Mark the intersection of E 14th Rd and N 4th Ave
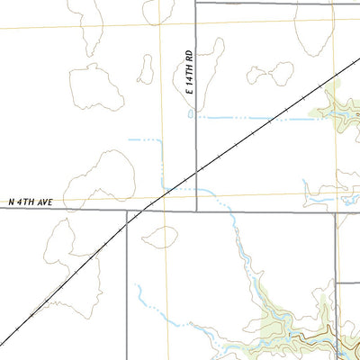(x=197, y=211)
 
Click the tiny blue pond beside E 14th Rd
(x=190, y=114)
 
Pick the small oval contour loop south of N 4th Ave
(x=160, y=237)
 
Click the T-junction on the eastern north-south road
(x=337, y=282)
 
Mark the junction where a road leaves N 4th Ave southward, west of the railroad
(x=127, y=211)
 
